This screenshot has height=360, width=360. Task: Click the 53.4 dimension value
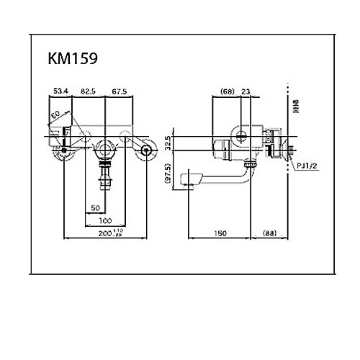[x=61, y=91]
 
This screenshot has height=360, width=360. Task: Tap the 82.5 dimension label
[x=89, y=91]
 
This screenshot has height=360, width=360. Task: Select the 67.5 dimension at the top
[x=119, y=91]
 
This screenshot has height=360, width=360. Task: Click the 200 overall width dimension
[x=109, y=233]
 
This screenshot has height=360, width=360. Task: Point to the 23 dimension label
[x=246, y=91]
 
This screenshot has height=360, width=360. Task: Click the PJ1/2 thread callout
[x=307, y=166]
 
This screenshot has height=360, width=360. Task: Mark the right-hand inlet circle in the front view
[x=148, y=150]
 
